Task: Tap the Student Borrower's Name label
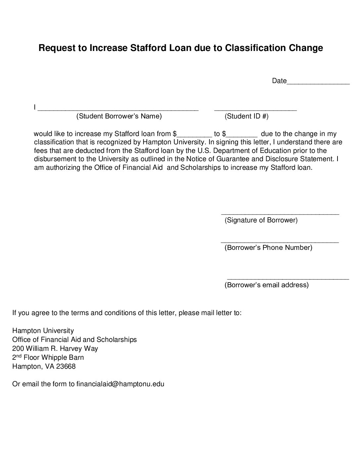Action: point(119,116)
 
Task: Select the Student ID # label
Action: point(247,116)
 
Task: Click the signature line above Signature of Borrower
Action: point(280,214)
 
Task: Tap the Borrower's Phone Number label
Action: point(268,248)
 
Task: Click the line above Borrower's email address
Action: point(288,279)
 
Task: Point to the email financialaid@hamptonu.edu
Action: point(120,384)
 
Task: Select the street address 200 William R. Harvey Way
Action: point(55,349)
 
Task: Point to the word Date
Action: point(279,81)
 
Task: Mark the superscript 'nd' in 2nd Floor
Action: point(19,356)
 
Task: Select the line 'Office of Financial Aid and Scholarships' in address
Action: point(74,340)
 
